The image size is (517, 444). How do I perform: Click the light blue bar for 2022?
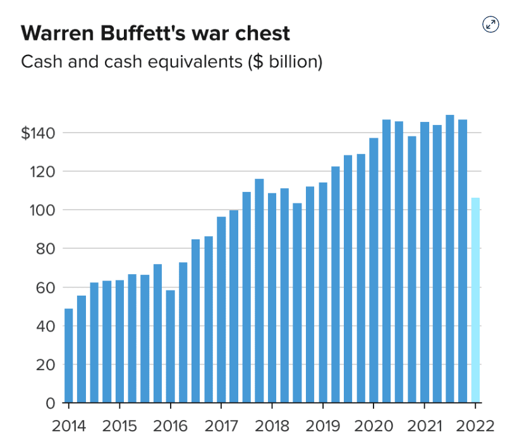click(475, 300)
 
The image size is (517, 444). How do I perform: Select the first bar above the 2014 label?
click(69, 355)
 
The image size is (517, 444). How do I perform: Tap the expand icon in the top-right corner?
click(490, 25)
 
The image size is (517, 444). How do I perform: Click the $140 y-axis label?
click(39, 133)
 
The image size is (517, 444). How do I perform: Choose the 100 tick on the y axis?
click(44, 210)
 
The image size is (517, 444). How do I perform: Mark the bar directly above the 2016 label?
click(170, 346)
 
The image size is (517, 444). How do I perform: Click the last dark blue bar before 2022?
click(463, 261)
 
